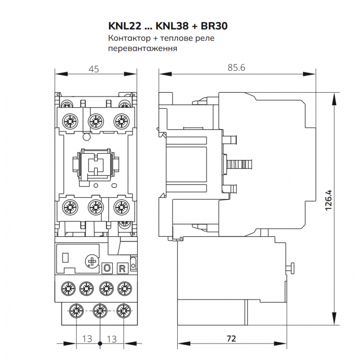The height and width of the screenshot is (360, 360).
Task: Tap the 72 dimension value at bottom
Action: point(231,339)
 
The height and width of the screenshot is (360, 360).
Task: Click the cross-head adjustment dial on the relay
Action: point(92,261)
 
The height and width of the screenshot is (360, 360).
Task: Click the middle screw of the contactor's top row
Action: point(94,121)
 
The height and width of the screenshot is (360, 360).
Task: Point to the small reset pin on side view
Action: point(290,268)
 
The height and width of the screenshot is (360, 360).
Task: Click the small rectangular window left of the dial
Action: point(65,257)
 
